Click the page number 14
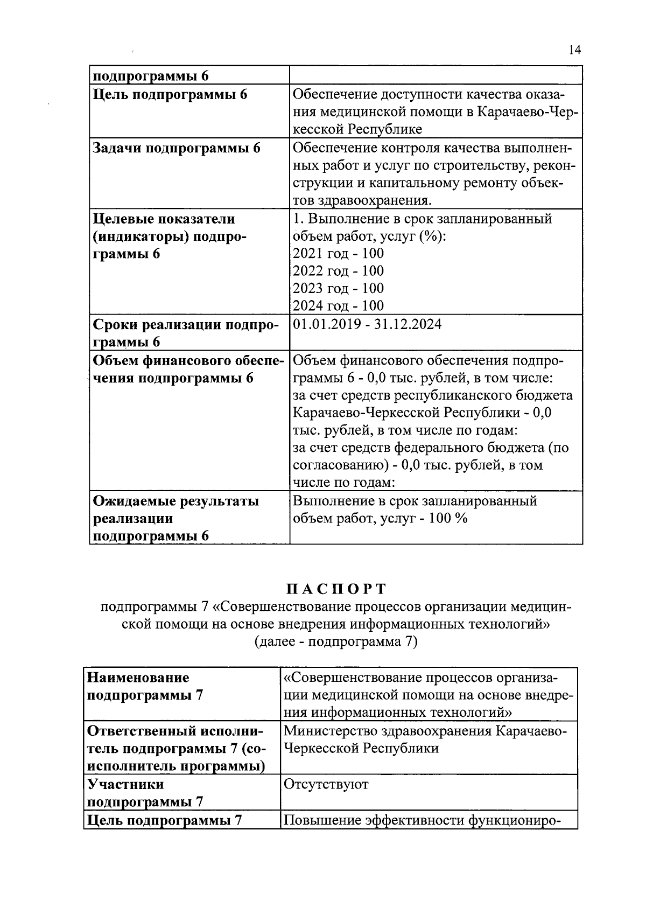(574, 51)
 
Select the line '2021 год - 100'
(338, 254)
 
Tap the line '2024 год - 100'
(338, 306)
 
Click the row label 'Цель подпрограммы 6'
(170, 95)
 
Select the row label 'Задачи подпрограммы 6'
(177, 148)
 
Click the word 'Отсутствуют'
(326, 784)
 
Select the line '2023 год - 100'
(338, 288)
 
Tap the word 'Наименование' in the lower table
(138, 678)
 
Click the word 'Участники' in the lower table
(125, 784)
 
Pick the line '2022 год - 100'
(338, 271)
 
